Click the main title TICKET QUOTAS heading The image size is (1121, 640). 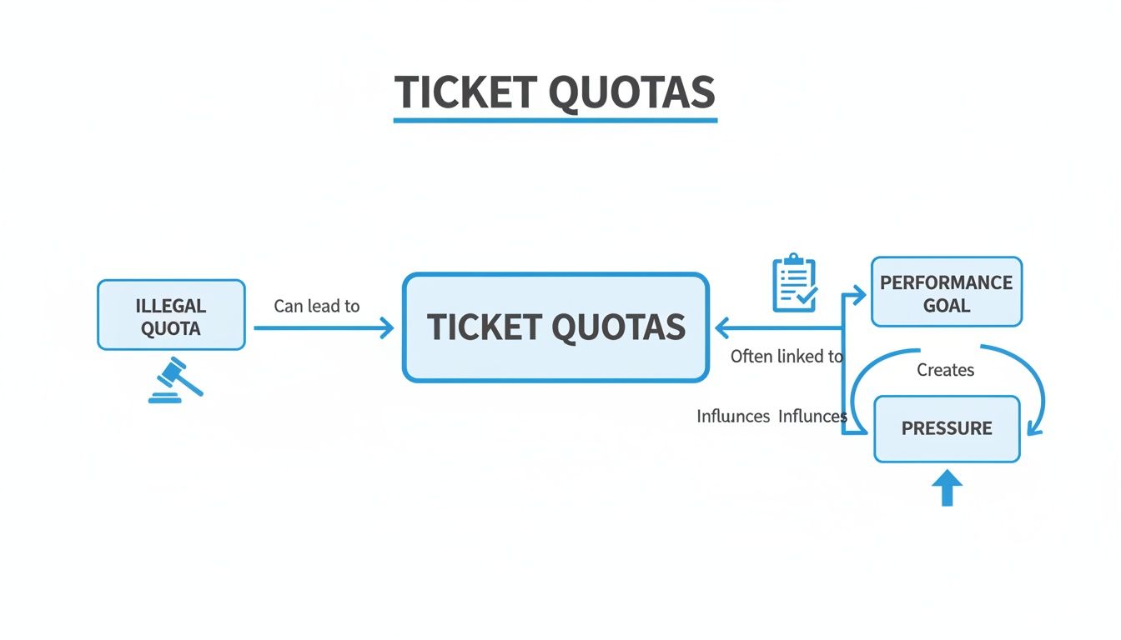[555, 92]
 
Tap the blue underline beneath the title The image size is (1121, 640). [555, 121]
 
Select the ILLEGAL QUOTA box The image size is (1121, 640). [171, 315]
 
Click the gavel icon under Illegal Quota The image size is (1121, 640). [176, 381]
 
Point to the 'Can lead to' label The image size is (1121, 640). [316, 306]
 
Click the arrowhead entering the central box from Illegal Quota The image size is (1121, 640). [387, 328]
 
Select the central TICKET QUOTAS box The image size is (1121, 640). [555, 327]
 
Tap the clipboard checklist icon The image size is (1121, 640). [794, 284]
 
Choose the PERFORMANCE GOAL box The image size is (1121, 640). [946, 292]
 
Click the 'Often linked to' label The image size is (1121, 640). [787, 357]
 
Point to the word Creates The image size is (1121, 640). [945, 370]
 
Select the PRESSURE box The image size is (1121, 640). [947, 429]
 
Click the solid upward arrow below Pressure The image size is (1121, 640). [947, 489]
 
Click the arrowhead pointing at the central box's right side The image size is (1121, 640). [720, 328]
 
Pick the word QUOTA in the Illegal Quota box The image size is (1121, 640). [171, 328]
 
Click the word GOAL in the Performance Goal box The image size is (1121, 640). [947, 305]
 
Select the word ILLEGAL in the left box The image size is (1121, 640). [171, 306]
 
